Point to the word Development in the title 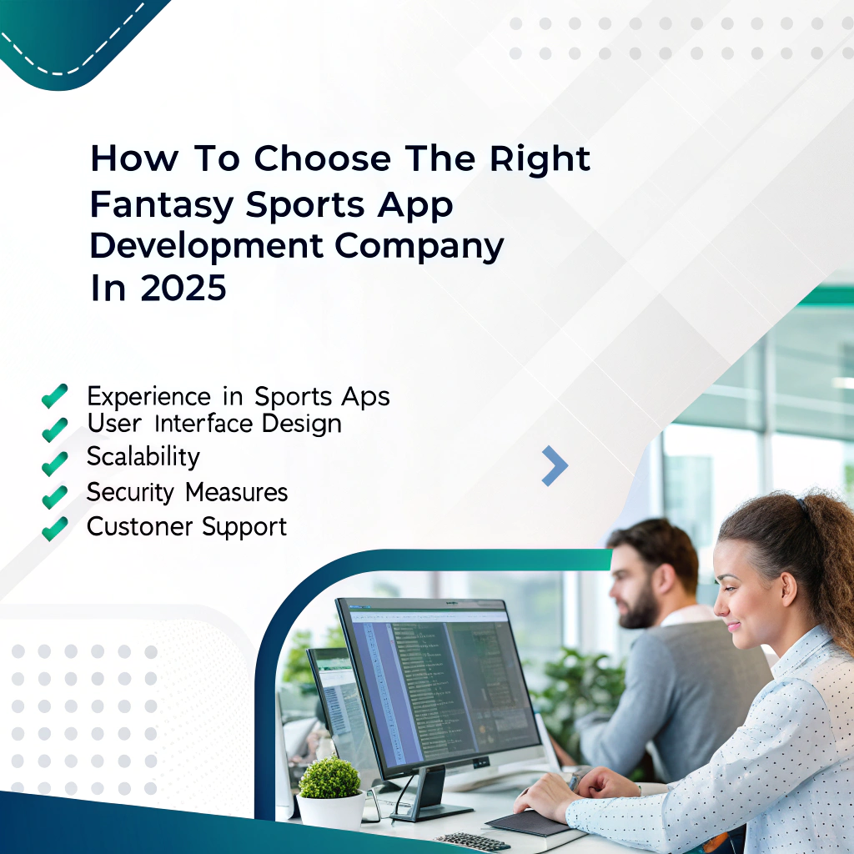tap(195, 246)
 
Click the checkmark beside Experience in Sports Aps tap(54, 395)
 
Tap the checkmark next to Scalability tap(54, 461)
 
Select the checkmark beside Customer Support tap(54, 528)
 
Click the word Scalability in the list tap(143, 457)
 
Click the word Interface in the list tap(193, 424)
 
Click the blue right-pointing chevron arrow tap(555, 465)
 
